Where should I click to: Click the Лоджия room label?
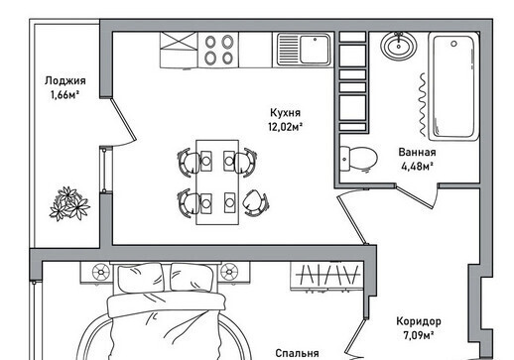[x=65, y=81]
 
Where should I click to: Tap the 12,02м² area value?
[x=286, y=127]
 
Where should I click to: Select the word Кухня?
[x=285, y=113]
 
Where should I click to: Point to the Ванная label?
[x=417, y=152]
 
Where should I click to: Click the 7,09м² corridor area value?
[x=419, y=335]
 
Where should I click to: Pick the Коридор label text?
[x=419, y=321]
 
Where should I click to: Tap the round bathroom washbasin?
[x=398, y=45]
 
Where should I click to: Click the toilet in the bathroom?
[x=358, y=159]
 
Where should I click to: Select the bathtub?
[x=453, y=86]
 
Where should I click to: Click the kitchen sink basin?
[x=315, y=50]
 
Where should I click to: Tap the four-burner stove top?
[x=218, y=50]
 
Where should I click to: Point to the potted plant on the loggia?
[x=69, y=203]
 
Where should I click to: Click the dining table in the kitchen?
[x=217, y=182]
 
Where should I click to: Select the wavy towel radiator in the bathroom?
[x=423, y=104]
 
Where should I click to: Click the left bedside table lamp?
[x=100, y=272]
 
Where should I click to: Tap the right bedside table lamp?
[x=229, y=272]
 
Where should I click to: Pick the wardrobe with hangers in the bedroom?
[x=326, y=276]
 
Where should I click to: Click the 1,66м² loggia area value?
[x=64, y=95]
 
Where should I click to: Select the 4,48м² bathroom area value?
[x=418, y=167]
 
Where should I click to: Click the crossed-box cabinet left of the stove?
[x=179, y=50]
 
